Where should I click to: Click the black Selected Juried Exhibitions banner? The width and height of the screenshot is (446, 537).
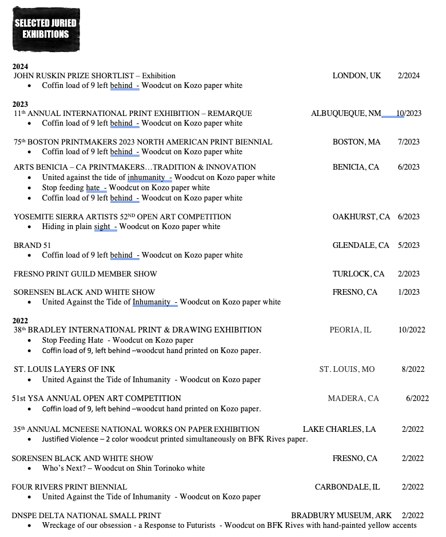(46, 29)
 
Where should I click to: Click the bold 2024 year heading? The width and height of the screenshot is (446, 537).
(21, 67)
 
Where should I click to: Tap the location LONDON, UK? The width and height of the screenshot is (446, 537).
(356, 75)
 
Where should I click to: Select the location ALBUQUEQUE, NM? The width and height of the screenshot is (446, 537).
(346, 113)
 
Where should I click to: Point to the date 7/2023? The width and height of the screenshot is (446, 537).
(408, 142)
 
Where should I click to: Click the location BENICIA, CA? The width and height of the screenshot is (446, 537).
(356, 167)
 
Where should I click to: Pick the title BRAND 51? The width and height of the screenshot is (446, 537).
(28, 245)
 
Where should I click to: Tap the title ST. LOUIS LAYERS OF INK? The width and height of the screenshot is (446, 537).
(65, 369)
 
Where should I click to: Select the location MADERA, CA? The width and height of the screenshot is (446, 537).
(353, 398)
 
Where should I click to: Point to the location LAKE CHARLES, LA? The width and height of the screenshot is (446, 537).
(339, 429)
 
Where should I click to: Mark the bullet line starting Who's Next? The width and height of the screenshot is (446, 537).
(123, 468)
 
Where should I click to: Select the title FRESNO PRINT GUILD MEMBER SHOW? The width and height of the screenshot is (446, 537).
(85, 274)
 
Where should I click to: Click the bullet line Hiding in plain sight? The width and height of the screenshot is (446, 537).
(131, 226)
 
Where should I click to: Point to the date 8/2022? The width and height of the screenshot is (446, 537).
(413, 369)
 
